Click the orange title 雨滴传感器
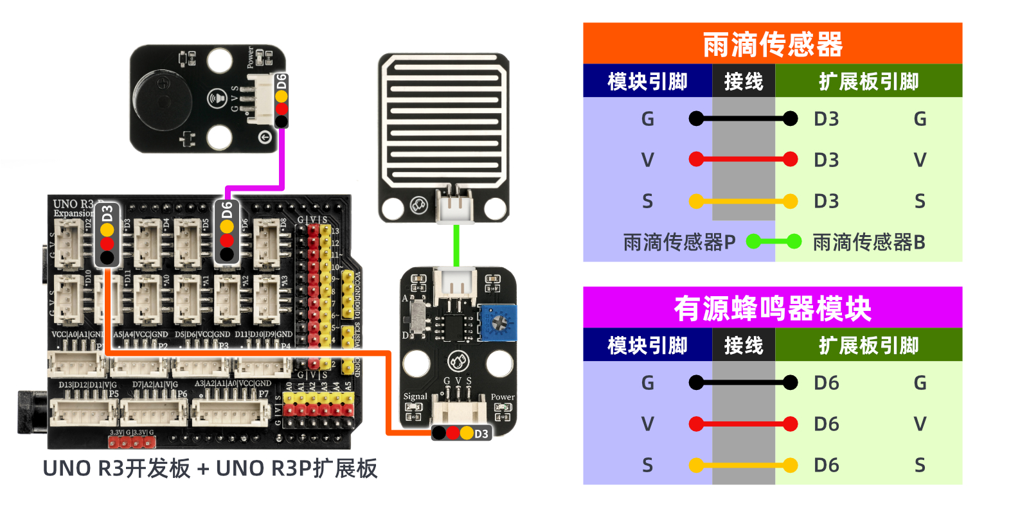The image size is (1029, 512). pyautogui.click(x=772, y=44)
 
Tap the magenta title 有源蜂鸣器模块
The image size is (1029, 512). pyautogui.click(x=772, y=308)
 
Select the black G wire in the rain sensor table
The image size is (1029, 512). pyautogui.click(x=743, y=119)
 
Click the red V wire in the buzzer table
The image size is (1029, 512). pyautogui.click(x=743, y=424)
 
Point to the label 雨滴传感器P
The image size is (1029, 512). pyautogui.click(x=679, y=242)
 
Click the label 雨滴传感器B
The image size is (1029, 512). pyautogui.click(x=868, y=242)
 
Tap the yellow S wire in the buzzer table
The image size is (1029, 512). pyautogui.click(x=743, y=465)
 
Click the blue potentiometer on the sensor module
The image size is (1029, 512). pyautogui.click(x=498, y=322)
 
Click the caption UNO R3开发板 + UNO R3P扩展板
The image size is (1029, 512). pyautogui.click(x=210, y=468)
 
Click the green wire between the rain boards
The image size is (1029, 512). pyautogui.click(x=456, y=245)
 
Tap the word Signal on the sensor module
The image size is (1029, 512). pyautogui.click(x=415, y=396)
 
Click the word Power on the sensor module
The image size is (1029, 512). pyautogui.click(x=503, y=397)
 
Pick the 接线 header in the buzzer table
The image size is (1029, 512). pyautogui.click(x=743, y=346)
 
